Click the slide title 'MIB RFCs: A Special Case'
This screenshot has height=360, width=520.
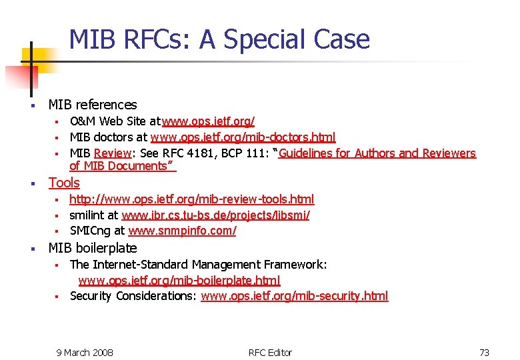[219, 39]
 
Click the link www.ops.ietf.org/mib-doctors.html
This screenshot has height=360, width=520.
[243, 137]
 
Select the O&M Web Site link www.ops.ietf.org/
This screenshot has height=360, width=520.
[208, 121]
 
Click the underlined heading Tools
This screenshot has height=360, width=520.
[64, 183]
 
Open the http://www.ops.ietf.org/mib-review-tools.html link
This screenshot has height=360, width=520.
[192, 199]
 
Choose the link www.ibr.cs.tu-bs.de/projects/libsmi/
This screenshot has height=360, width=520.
[215, 215]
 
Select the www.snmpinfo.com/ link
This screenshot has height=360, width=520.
[182, 231]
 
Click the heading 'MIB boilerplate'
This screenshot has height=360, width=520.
[93, 248]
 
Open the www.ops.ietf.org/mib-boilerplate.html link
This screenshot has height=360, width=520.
[179, 281]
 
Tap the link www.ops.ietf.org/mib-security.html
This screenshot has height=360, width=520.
[294, 296]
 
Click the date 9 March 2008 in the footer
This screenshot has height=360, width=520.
[85, 352]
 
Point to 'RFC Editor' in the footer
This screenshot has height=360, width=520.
[270, 352]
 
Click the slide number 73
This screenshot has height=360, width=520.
[484, 352]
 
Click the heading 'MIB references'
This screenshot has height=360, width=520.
[93, 105]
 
